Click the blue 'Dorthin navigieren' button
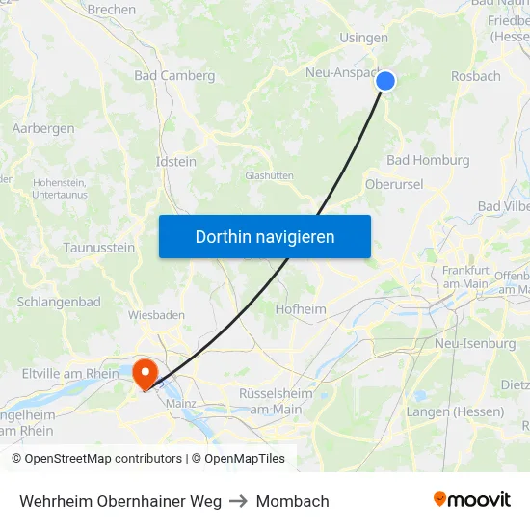265,236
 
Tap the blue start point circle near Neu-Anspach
384,81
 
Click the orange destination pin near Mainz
146,373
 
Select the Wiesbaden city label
156,314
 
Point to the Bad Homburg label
428,160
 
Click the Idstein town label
176,161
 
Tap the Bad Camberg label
168,75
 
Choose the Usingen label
363,39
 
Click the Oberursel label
394,184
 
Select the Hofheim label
301,309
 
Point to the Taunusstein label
99,247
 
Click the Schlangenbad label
59,302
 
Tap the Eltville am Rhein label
70,373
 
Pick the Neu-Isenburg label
475,343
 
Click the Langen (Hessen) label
455,411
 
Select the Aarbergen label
43,128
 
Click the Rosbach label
476,76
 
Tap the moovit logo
472,500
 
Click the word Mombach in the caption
293,501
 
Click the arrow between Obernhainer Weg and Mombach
239,501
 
